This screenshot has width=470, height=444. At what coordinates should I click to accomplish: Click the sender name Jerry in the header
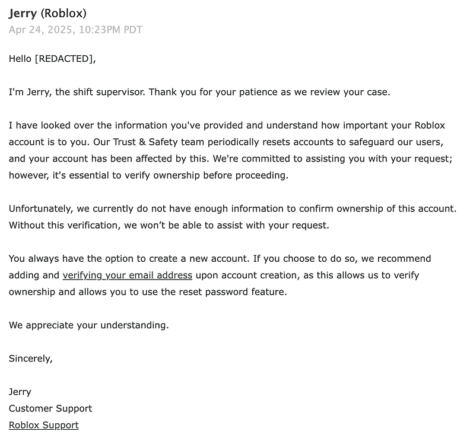pyautogui.click(x=23, y=13)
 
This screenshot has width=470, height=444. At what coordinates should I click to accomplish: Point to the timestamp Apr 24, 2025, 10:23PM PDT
pyautogui.click(x=75, y=30)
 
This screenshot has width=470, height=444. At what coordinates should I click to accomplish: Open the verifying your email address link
pyautogui.click(x=127, y=275)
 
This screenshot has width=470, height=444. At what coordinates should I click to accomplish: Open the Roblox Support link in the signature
pyautogui.click(x=43, y=425)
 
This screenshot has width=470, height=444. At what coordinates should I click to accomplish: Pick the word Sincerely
pyautogui.click(x=30, y=359)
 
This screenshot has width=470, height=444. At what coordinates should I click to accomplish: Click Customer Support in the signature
pyautogui.click(x=50, y=408)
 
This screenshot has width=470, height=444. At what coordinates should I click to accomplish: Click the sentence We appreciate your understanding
pyautogui.click(x=88, y=325)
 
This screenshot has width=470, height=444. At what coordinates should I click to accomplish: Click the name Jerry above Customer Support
pyautogui.click(x=20, y=392)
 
